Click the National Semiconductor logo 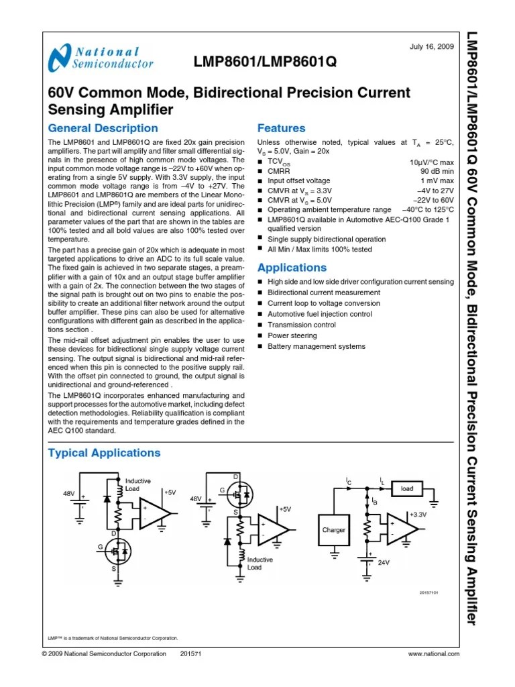(101, 58)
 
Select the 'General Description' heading (103, 128)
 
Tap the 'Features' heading (282, 128)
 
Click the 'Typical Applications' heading (105, 453)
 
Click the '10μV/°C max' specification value (431, 162)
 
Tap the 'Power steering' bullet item (292, 335)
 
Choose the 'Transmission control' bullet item (302, 325)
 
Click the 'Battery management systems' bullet (317, 346)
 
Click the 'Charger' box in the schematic (334, 530)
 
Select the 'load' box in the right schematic (407, 489)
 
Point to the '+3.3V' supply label (416, 515)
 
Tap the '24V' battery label (384, 562)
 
